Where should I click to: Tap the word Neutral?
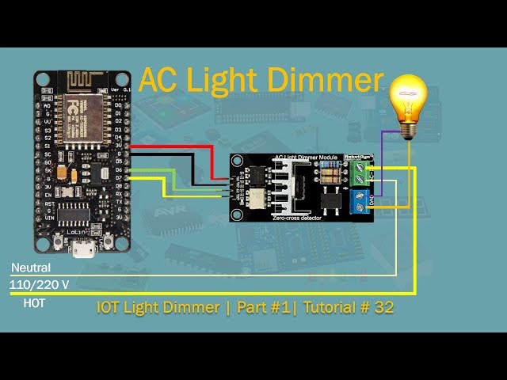click(x=31, y=268)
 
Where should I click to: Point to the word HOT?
click(x=34, y=302)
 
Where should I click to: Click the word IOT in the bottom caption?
click(x=109, y=306)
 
